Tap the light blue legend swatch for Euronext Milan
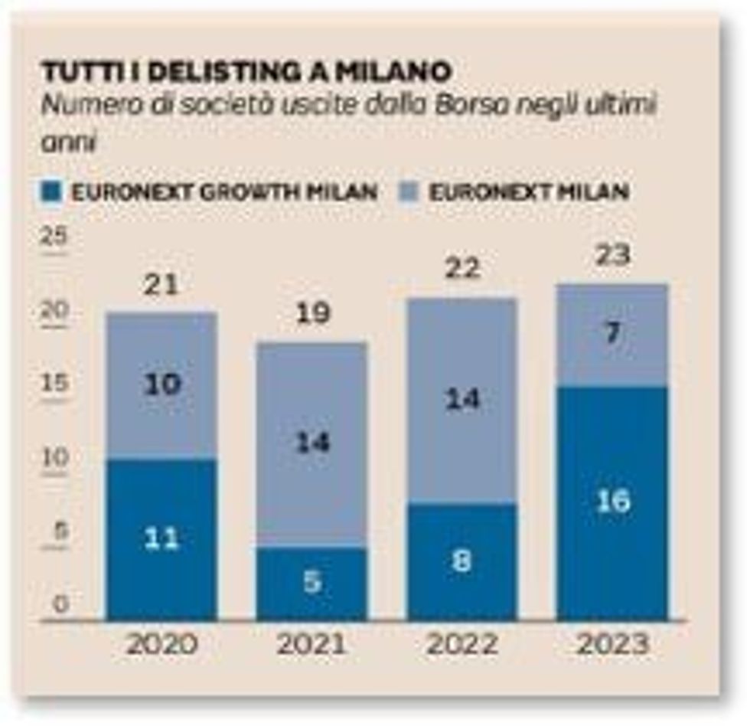tap(411, 191)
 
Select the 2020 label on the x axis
tap(162, 644)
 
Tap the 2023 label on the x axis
tap(613, 644)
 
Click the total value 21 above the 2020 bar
tap(162, 285)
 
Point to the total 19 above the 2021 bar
tap(312, 315)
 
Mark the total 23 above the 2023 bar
tap(613, 255)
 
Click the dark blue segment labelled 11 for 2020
tap(162, 539)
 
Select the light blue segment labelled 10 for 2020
tap(162, 385)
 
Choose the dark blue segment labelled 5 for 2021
tap(312, 583)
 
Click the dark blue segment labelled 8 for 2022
tap(462, 561)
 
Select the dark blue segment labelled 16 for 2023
tap(613, 502)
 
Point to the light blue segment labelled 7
tap(613, 335)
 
